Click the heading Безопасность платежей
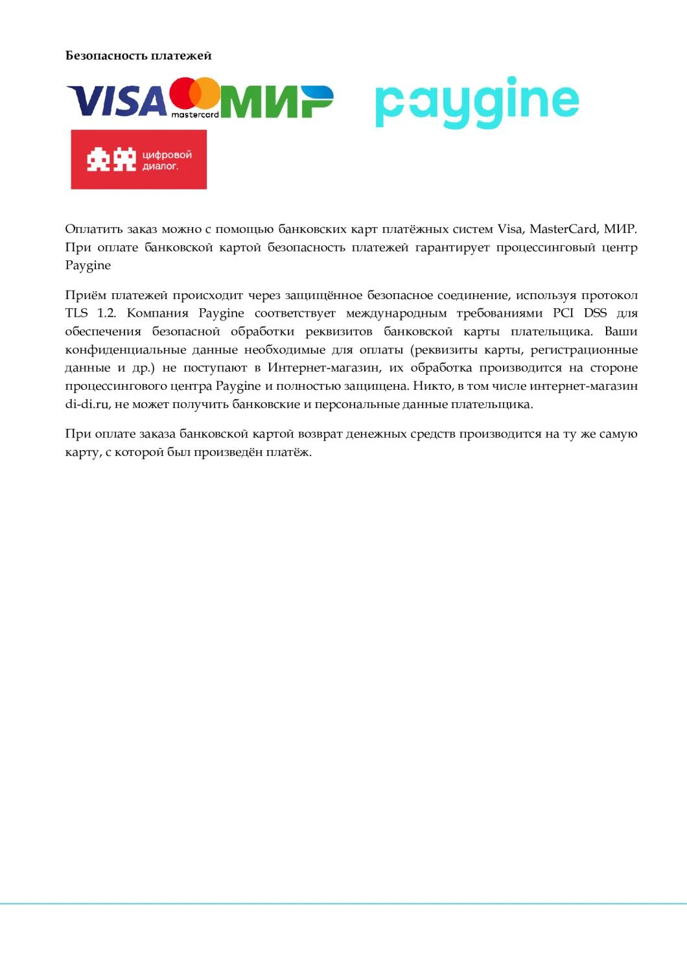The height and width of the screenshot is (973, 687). click(x=138, y=56)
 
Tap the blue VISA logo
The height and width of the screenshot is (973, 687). click(x=117, y=102)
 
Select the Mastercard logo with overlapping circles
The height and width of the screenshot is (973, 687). click(x=195, y=98)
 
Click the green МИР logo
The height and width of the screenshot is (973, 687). click(x=277, y=102)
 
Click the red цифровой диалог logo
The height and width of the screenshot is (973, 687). click(x=139, y=160)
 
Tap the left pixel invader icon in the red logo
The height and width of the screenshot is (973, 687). click(x=99, y=160)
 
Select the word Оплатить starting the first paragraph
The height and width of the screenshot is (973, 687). click(x=93, y=229)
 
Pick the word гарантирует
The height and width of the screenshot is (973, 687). click(x=452, y=247)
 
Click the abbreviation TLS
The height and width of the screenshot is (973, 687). click(x=76, y=313)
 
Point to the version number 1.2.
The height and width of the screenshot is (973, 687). click(x=106, y=313)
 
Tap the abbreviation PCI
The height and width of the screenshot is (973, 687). click(x=563, y=313)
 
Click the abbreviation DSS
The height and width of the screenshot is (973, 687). click(x=595, y=313)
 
